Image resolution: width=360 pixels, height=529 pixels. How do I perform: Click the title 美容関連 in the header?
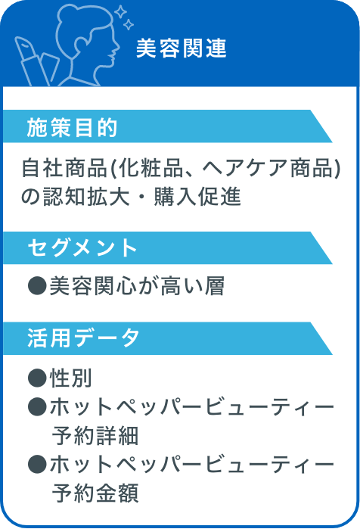(182, 48)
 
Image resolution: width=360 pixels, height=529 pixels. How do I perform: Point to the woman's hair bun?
(67, 15)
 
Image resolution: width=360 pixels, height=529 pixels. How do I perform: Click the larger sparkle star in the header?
(120, 12)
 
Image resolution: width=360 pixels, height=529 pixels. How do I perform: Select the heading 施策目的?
(72, 128)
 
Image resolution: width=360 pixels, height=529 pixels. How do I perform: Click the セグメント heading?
(82, 247)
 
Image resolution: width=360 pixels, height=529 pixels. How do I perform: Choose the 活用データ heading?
(83, 338)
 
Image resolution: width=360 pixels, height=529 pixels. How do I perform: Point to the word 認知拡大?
(86, 196)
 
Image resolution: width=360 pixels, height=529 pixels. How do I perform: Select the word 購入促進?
(197, 196)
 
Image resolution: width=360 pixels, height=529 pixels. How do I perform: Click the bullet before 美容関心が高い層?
(37, 286)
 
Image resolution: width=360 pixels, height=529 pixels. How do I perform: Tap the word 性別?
(70, 378)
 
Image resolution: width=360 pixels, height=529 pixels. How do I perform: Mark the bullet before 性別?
(37, 378)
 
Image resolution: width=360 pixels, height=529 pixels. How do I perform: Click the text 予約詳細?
(95, 436)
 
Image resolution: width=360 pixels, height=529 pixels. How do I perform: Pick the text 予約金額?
(95, 493)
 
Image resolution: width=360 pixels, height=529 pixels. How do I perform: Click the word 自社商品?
(64, 168)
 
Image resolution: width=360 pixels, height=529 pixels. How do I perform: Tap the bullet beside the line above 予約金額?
(37, 464)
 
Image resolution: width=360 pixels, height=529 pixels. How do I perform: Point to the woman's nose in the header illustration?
(117, 46)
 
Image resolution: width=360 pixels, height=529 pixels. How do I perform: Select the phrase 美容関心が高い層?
(137, 286)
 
